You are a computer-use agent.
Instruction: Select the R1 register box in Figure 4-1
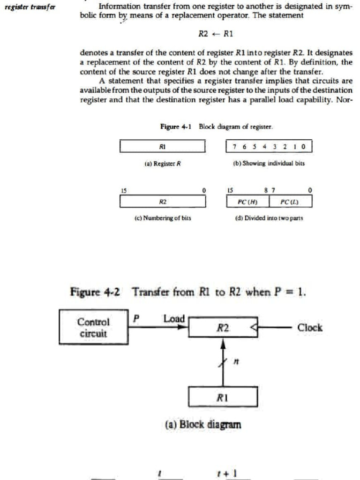163,146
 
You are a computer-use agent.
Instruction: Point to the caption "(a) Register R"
163,164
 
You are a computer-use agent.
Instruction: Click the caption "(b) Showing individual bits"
269,164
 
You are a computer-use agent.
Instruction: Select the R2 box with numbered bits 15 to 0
163,201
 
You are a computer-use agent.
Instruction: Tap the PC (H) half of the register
247,201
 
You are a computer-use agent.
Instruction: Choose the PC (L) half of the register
290,201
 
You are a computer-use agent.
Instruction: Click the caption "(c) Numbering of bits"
163,218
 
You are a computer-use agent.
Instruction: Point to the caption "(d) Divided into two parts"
269,218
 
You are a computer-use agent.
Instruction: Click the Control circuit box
93,327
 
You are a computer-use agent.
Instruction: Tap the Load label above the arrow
174,319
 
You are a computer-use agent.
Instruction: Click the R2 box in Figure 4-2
223,327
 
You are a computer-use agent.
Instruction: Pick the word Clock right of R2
310,327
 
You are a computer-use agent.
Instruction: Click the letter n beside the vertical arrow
237,361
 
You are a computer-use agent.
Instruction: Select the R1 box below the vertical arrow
223,398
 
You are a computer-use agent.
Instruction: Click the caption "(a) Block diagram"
203,425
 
